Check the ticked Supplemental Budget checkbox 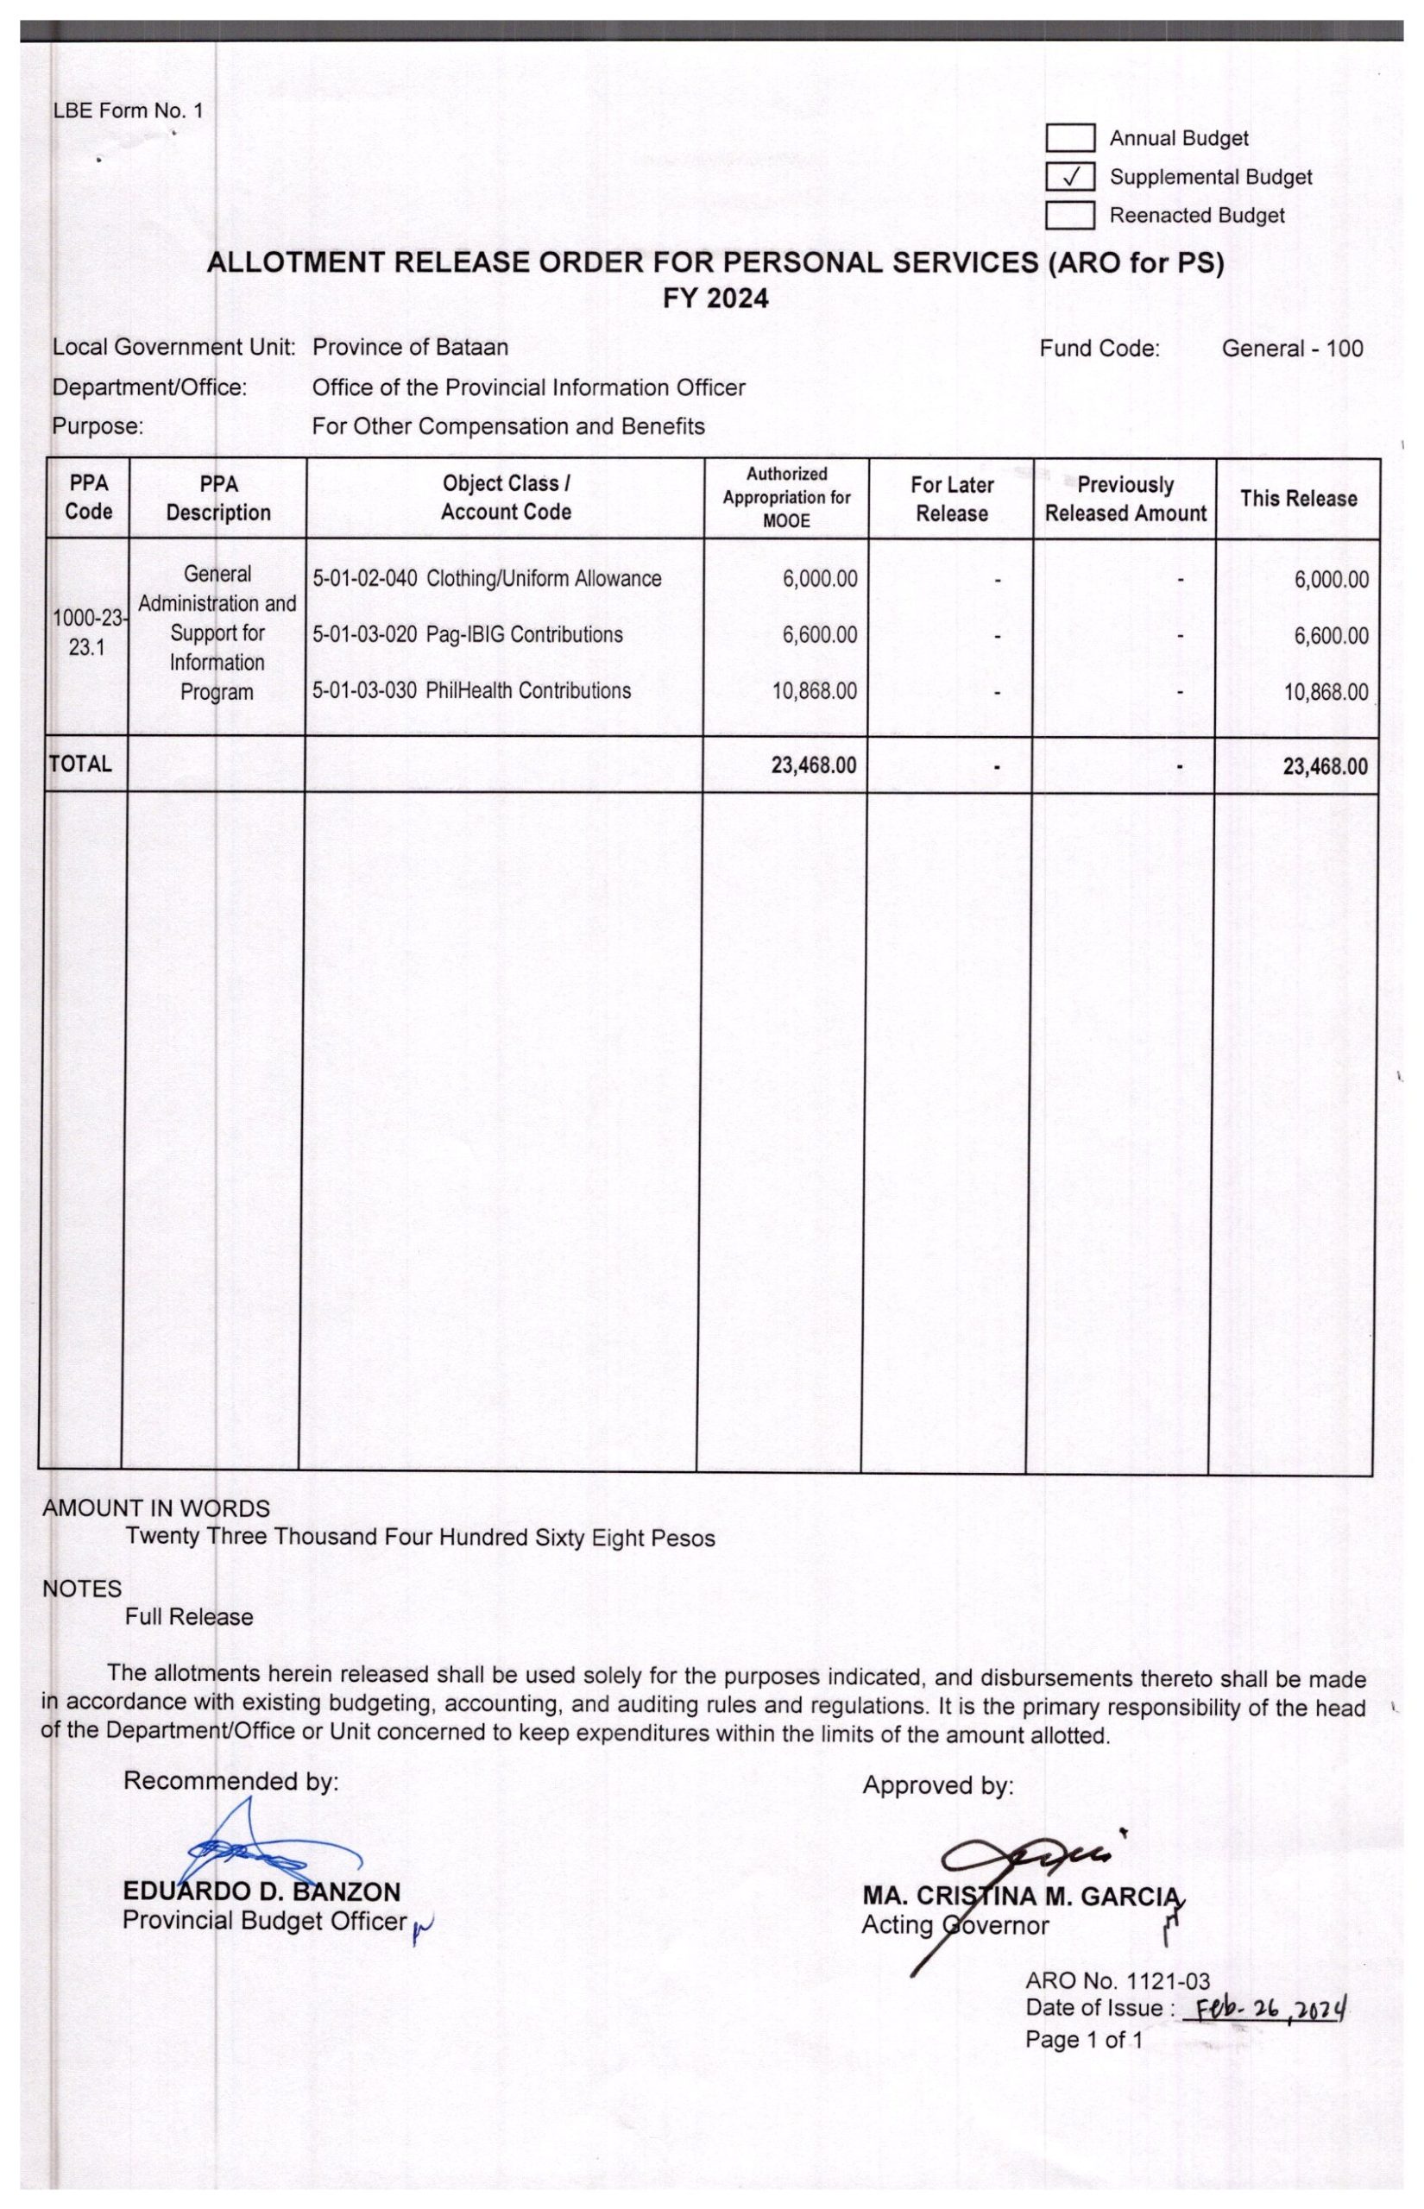(x=1070, y=176)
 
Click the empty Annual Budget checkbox (x=1070, y=138)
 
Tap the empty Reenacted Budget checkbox (x=1070, y=215)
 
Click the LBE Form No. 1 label (x=128, y=111)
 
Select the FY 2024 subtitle (x=715, y=299)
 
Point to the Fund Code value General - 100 (x=1292, y=349)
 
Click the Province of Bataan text (x=410, y=348)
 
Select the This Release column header (x=1298, y=498)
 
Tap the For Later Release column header (x=951, y=498)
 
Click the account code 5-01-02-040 (x=364, y=579)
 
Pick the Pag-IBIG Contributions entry (x=525, y=635)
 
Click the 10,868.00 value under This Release (x=1325, y=692)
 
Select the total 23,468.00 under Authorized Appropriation (x=814, y=765)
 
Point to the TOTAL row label (x=80, y=765)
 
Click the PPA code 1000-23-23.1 (x=88, y=633)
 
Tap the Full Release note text (x=189, y=1616)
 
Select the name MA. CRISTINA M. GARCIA (x=1021, y=1896)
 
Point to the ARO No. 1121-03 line (x=1117, y=1979)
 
